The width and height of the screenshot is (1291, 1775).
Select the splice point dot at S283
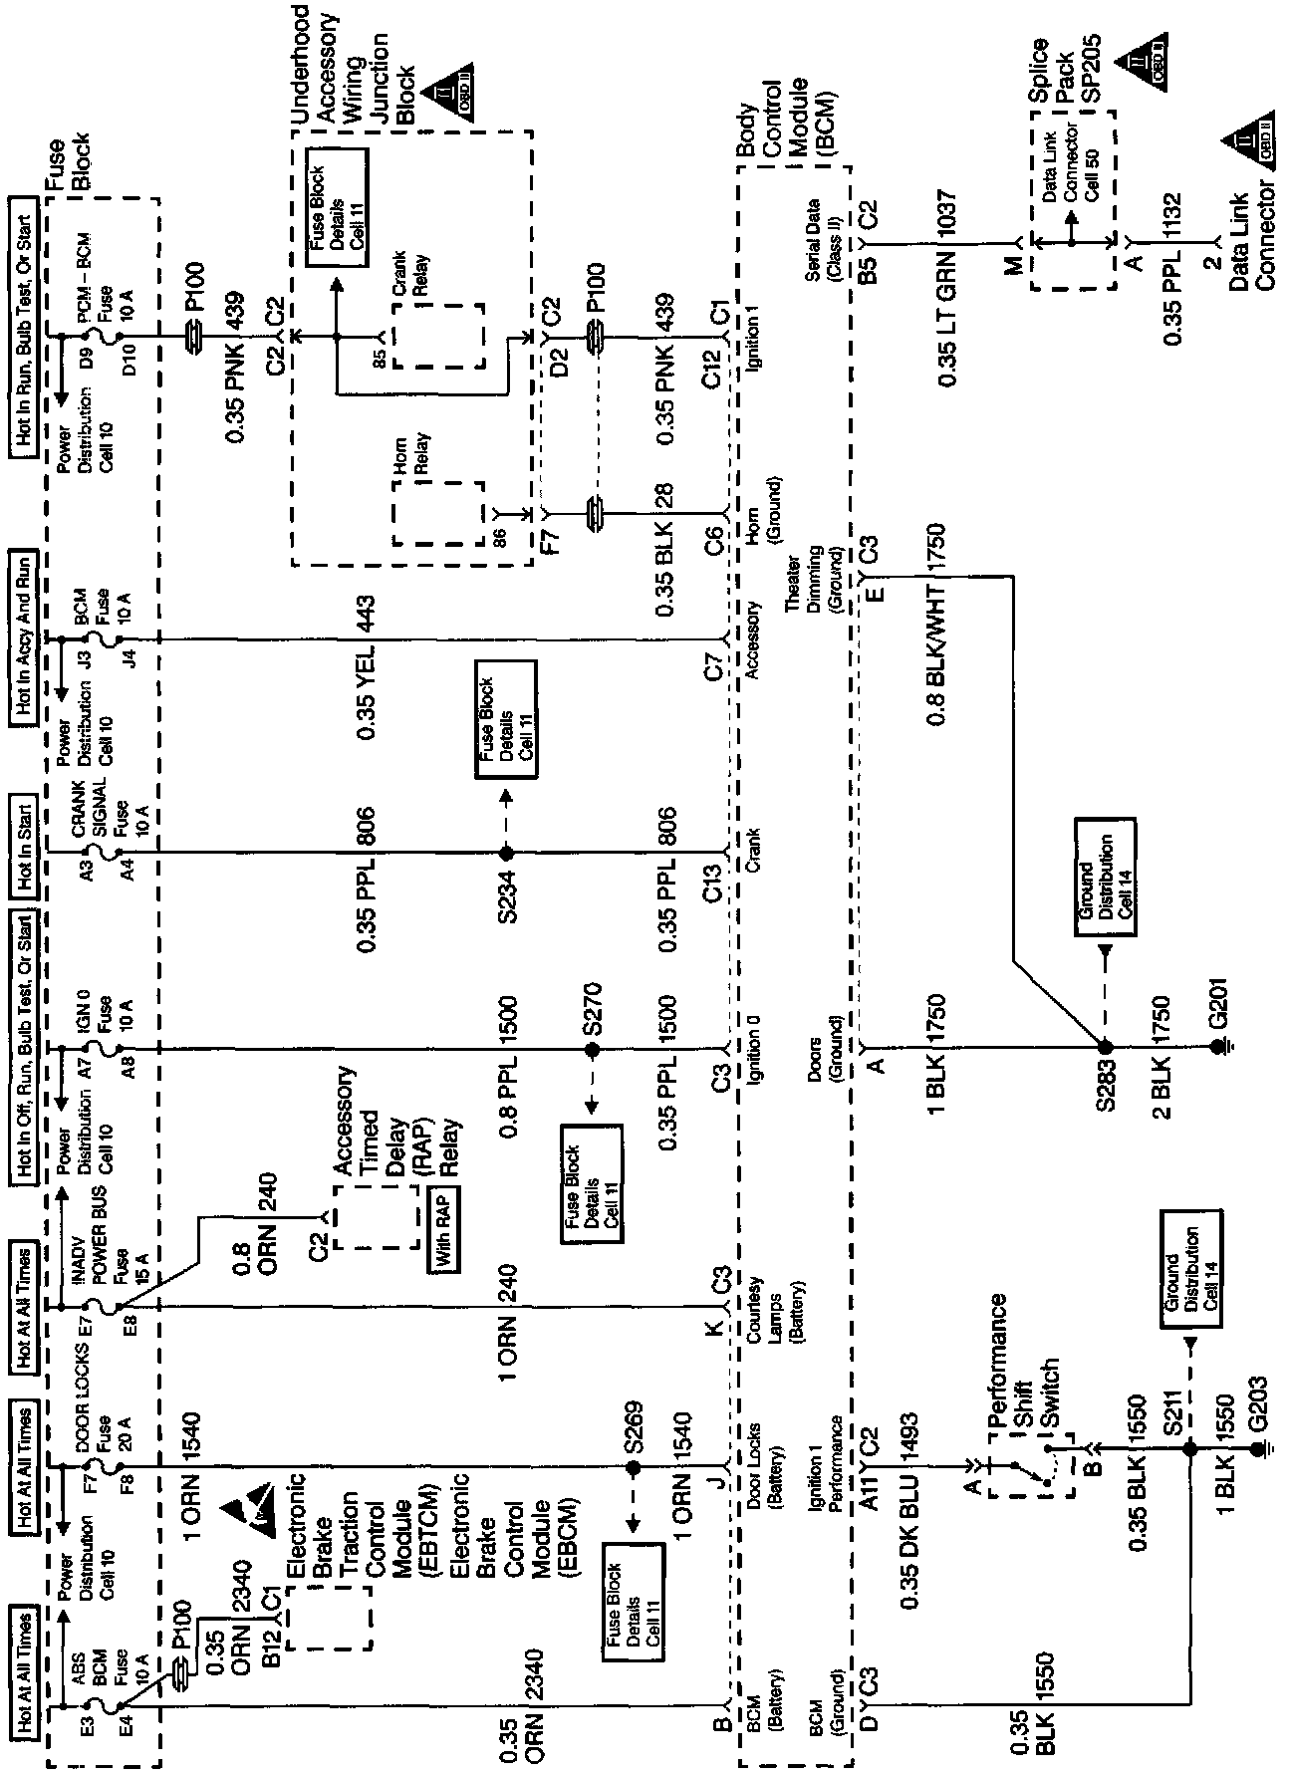point(1103,1048)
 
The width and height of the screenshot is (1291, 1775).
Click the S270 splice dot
point(592,1050)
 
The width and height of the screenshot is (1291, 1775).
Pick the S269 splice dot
point(632,1467)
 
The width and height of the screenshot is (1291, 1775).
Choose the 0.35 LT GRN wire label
point(946,319)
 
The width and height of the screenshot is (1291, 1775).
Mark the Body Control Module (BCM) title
point(786,128)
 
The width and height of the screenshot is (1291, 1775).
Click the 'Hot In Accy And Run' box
point(24,635)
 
